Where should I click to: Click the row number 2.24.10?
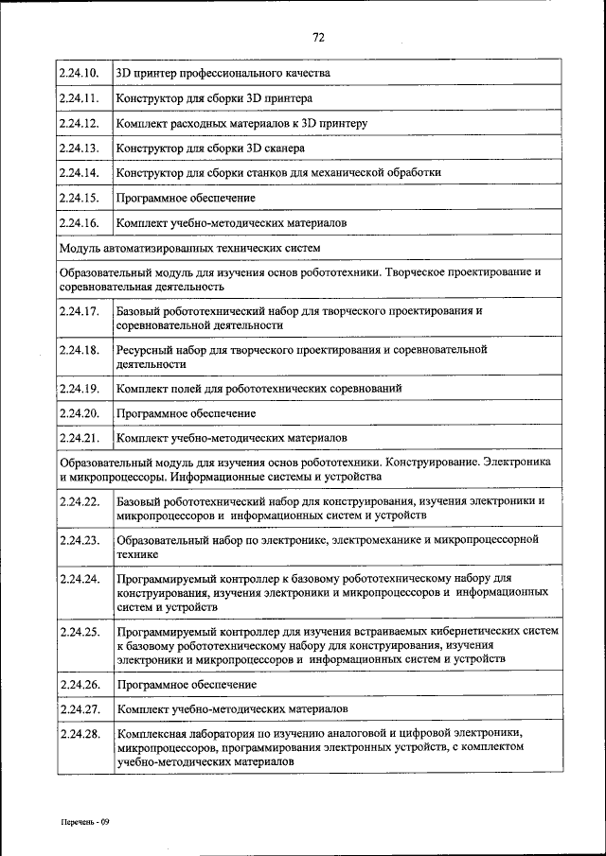79,73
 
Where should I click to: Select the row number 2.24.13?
79,148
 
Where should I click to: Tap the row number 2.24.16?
79,223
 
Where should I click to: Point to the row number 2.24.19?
79,389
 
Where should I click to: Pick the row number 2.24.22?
79,501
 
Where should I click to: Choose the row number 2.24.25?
79,630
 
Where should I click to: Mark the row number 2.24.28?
79,733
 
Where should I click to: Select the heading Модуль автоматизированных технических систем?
189,248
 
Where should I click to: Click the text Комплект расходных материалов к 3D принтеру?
241,123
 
